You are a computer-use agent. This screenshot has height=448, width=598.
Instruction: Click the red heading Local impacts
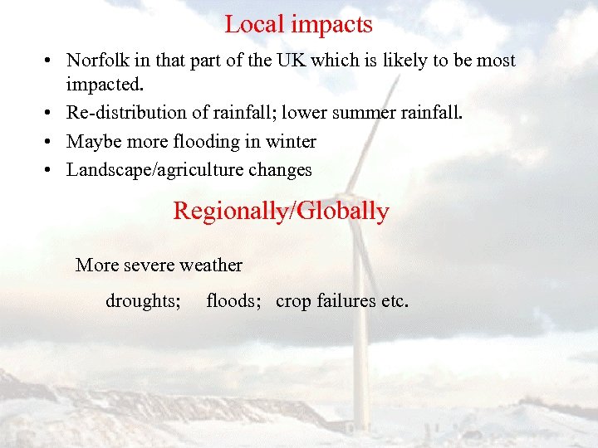click(298, 25)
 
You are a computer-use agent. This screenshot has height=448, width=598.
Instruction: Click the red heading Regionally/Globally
click(281, 212)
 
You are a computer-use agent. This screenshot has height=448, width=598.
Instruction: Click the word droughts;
click(143, 301)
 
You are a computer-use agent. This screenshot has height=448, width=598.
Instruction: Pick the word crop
click(293, 302)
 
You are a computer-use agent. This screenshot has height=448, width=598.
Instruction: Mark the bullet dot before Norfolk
click(51, 61)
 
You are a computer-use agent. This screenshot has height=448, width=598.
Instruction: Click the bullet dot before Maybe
click(51, 143)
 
